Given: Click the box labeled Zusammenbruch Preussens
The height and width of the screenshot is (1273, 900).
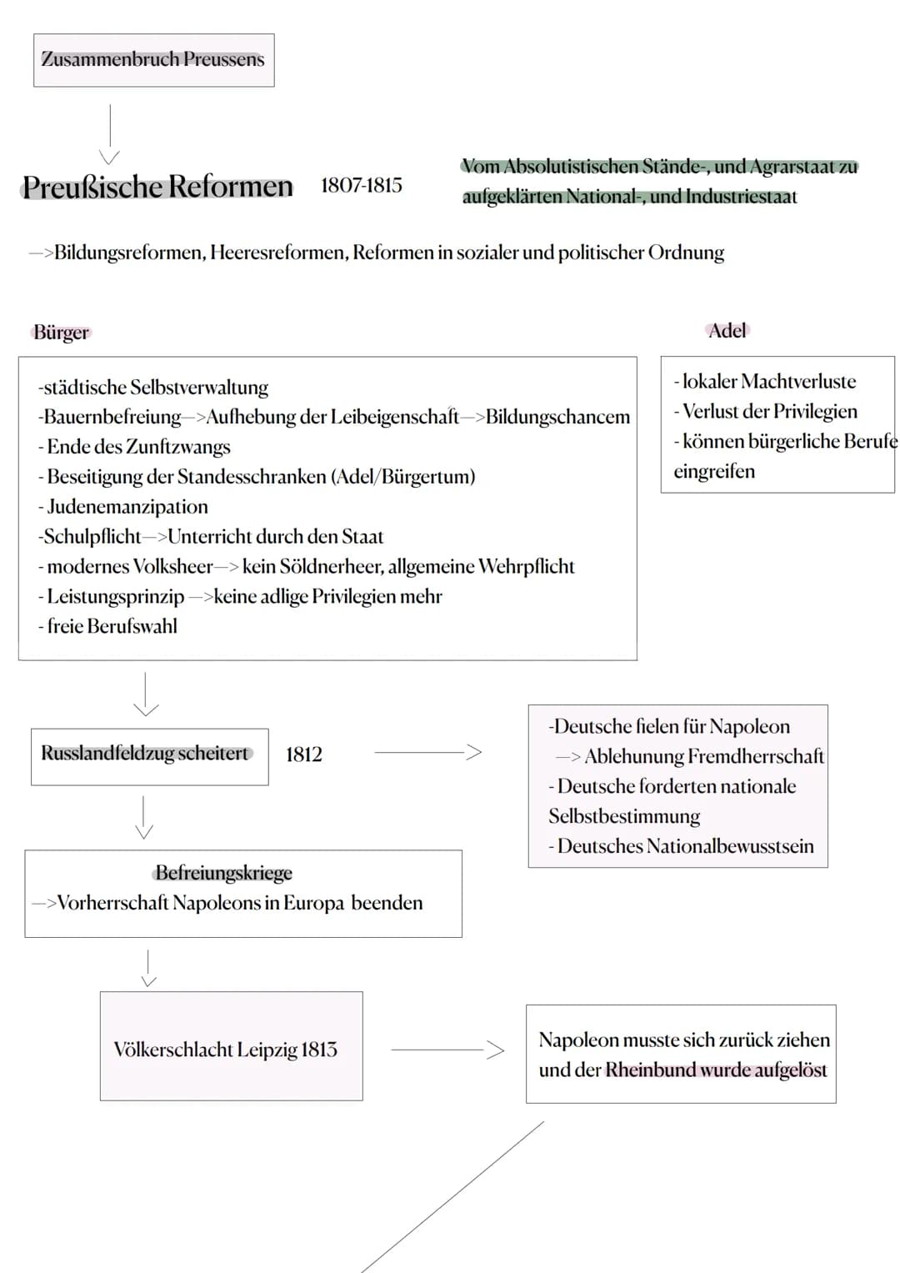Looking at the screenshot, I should (x=153, y=60).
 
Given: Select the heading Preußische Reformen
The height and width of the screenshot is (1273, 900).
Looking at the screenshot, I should (x=157, y=187).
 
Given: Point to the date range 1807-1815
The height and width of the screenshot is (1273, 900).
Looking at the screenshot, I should (x=361, y=185).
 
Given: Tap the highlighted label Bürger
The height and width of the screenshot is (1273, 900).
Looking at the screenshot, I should (x=61, y=333).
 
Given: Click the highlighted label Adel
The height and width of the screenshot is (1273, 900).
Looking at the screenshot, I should (x=727, y=331).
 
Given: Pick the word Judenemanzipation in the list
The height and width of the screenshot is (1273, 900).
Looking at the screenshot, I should (x=127, y=507).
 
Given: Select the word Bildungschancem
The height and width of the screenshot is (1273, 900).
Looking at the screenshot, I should (x=557, y=417).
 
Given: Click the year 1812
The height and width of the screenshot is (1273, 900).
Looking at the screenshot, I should (x=303, y=754).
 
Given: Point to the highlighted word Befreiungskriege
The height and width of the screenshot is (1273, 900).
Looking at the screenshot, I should (x=223, y=873).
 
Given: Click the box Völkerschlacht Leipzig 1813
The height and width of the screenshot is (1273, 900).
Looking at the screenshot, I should (x=231, y=1047).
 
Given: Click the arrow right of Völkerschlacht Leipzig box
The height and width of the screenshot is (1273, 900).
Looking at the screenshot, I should (x=448, y=1050).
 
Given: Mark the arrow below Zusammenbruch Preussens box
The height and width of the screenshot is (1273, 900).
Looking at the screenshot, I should (x=109, y=133).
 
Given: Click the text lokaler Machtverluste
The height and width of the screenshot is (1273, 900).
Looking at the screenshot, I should (x=768, y=382).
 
